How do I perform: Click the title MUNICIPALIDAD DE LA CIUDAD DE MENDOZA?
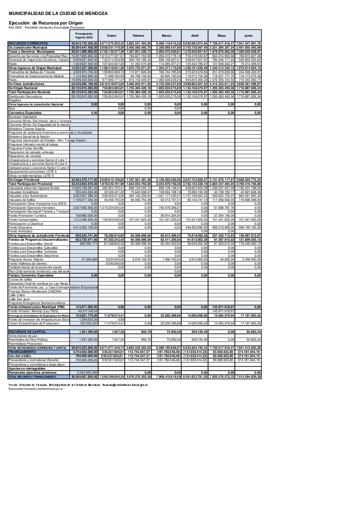point(58,14)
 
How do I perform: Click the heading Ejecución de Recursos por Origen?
point(46,23)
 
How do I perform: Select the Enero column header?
point(112,36)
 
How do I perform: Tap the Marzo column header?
point(166,36)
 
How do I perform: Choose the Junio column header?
point(248,36)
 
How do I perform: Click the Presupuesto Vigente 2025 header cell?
point(84,36)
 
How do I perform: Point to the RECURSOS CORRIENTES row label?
point(28,44)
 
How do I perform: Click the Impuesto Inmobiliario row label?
point(23,192)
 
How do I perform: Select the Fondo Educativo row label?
point(21,227)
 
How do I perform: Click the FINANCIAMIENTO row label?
point(22,352)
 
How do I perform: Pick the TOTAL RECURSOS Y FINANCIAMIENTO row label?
point(32,377)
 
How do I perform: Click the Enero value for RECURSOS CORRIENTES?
point(112,44)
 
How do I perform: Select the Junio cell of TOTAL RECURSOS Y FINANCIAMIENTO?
point(248,377)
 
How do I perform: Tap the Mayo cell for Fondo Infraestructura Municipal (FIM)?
point(221,307)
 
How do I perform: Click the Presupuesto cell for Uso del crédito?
point(84,356)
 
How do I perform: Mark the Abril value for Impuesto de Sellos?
point(195,200)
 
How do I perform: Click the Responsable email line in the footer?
point(36,388)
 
